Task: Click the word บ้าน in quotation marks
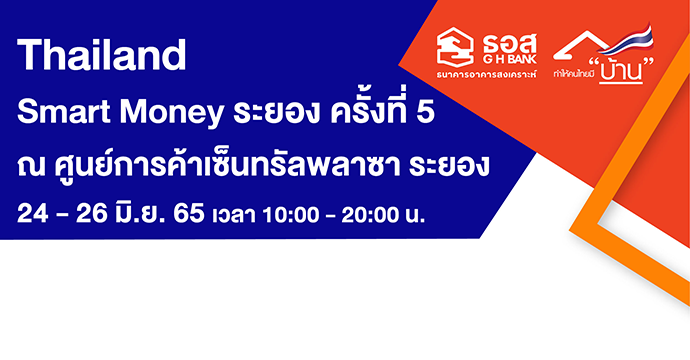(x=617, y=73)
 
